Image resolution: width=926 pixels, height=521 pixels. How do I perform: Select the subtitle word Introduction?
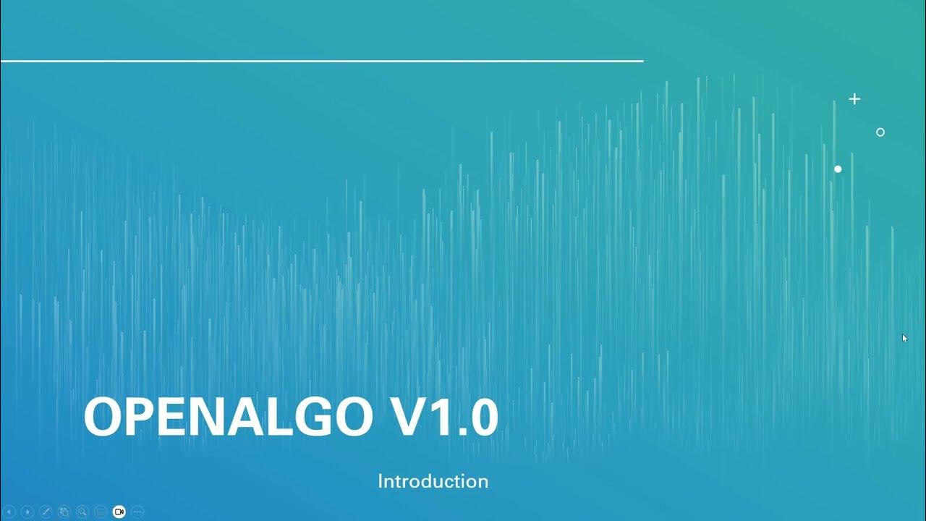click(433, 481)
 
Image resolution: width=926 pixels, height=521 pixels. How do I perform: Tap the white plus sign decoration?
click(854, 99)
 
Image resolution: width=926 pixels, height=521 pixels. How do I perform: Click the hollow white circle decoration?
click(880, 132)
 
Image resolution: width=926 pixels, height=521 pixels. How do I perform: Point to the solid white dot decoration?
click(838, 169)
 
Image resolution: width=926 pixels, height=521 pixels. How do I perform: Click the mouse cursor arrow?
click(904, 337)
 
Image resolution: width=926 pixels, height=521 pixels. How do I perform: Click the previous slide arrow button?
click(9, 512)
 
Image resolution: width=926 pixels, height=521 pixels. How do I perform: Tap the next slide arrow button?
click(27, 512)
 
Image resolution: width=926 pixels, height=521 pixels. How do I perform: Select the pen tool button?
click(46, 512)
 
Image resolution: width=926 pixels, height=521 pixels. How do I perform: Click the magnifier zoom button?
click(82, 512)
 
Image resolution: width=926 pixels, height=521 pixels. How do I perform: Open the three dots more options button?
click(137, 512)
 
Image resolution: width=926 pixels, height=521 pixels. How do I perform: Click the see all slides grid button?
click(64, 512)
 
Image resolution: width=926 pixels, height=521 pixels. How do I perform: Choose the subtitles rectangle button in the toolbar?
click(101, 512)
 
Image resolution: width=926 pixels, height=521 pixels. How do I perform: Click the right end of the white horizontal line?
click(641, 62)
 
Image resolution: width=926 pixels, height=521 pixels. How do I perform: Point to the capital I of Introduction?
click(381, 481)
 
